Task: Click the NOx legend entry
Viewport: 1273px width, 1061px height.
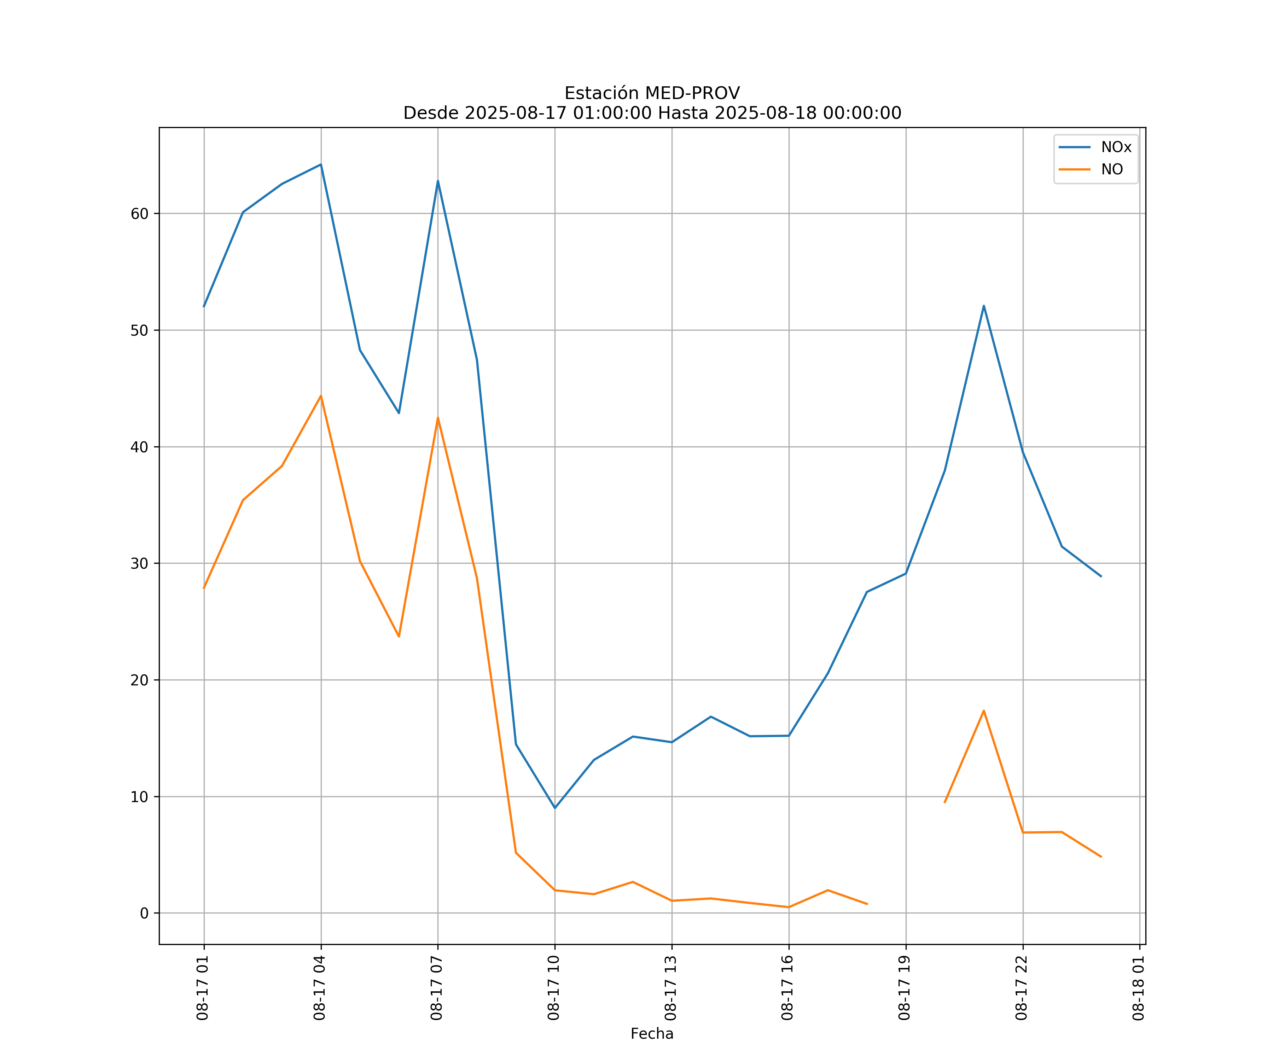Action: point(1115,147)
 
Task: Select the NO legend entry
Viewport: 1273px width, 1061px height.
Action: point(1112,170)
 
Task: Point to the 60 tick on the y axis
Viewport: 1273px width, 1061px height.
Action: point(139,213)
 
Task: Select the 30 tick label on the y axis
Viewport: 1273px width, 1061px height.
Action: point(139,563)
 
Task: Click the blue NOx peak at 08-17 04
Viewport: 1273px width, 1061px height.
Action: point(321,164)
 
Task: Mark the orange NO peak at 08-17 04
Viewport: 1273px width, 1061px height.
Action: point(321,396)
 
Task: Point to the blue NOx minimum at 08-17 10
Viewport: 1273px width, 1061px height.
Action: point(555,807)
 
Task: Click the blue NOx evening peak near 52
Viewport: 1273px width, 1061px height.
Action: point(983,306)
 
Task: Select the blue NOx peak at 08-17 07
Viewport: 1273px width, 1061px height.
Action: point(438,181)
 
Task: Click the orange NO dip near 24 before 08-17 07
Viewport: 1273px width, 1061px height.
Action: point(399,637)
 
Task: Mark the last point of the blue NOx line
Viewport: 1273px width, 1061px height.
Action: point(1101,576)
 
